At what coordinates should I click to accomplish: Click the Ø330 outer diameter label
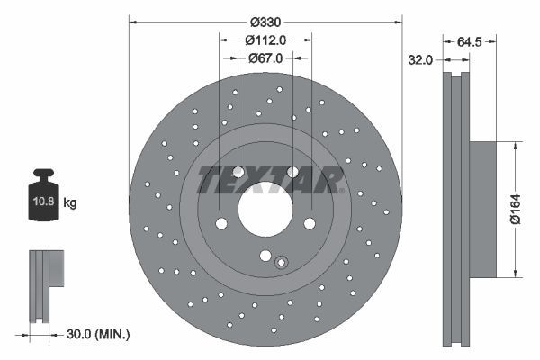click(265, 22)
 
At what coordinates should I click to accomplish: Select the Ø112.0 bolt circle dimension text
click(265, 40)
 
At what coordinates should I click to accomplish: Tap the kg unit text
click(70, 203)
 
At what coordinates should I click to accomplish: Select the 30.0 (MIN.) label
click(98, 334)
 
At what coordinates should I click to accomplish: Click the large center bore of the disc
click(265, 215)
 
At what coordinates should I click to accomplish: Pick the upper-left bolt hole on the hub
click(238, 173)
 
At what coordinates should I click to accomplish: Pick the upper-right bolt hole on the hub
click(292, 173)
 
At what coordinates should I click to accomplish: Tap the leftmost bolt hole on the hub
click(220, 224)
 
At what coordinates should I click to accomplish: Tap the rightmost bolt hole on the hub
click(309, 224)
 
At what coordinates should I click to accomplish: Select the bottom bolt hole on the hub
click(265, 255)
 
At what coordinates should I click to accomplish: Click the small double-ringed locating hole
click(281, 263)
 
